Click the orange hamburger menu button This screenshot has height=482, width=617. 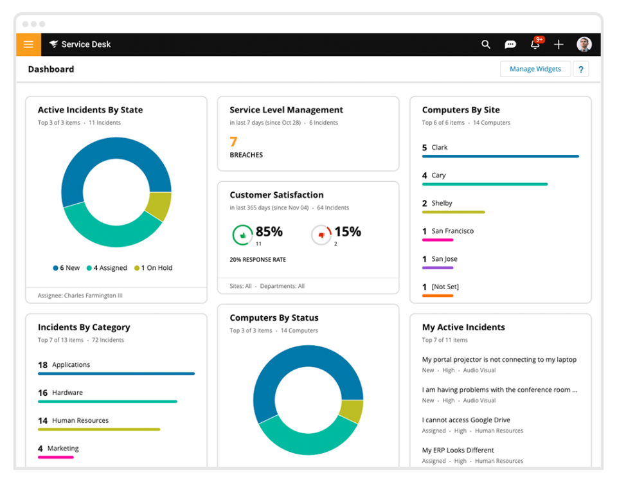point(28,44)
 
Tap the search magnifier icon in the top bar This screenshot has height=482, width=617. point(486,44)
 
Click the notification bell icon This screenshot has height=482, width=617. point(535,44)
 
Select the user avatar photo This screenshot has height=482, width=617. point(584,44)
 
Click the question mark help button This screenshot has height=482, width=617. point(581,69)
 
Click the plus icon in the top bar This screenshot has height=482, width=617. point(559,44)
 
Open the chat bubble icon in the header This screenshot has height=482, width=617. point(510,44)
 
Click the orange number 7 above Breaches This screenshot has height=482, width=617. point(233,142)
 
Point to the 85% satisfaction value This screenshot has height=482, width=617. point(269,232)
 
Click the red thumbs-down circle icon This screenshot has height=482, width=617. point(321,235)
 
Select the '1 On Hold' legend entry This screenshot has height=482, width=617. point(154,268)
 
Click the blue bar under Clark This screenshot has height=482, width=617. point(500,156)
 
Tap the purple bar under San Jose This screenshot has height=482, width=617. point(438,267)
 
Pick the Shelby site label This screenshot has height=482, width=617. point(442,203)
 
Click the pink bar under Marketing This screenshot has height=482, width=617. point(55,457)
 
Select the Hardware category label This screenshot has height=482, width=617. point(67,393)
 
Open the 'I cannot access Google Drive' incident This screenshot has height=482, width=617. point(466,420)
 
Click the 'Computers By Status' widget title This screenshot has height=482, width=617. point(274,318)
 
